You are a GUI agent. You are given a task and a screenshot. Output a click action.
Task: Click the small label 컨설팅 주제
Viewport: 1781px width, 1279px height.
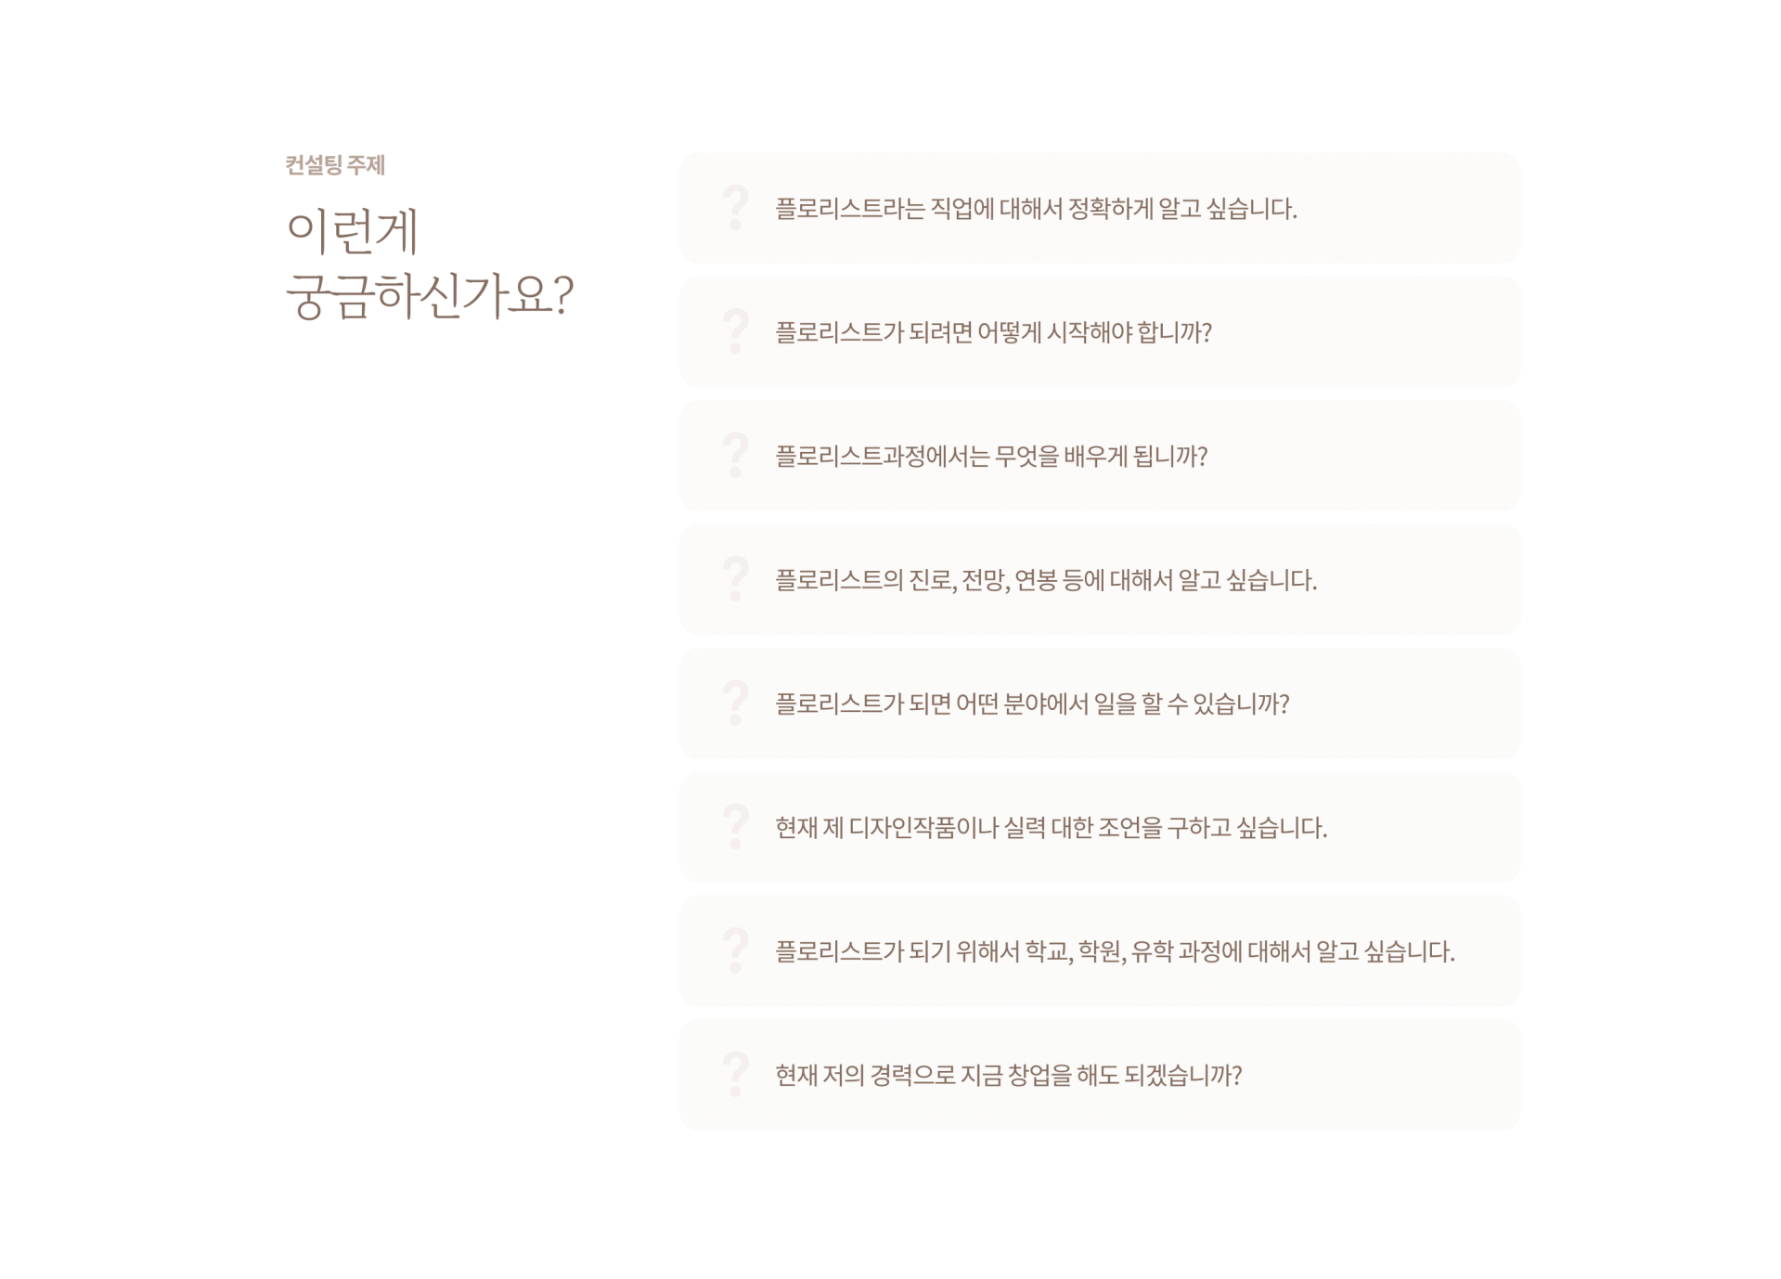click(335, 166)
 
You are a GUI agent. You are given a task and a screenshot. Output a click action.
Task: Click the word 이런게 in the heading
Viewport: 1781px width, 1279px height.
click(353, 232)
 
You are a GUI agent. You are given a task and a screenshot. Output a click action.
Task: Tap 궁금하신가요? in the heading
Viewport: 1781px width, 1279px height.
click(430, 297)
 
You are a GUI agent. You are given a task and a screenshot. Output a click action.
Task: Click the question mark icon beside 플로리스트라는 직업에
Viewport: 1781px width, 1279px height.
click(735, 208)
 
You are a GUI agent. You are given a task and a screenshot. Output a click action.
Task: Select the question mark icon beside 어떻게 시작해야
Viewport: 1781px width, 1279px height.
click(735, 331)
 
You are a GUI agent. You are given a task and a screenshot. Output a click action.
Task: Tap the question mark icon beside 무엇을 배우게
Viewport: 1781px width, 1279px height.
click(735, 456)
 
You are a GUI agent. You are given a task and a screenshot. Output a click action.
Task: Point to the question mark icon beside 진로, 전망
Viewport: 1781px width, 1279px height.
click(735, 579)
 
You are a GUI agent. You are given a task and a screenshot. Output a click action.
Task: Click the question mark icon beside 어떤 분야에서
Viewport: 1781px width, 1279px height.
click(735, 703)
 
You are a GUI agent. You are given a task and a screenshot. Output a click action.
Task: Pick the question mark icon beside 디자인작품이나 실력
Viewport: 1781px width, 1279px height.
click(735, 827)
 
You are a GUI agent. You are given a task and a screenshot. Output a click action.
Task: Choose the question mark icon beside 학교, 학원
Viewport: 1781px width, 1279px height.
click(735, 950)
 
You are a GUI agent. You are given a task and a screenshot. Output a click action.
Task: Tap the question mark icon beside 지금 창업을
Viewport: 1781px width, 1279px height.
click(735, 1074)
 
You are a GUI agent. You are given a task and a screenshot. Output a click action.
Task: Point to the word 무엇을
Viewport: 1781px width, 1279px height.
click(1026, 457)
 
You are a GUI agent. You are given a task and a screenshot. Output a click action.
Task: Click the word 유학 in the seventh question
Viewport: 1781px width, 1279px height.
click(1152, 951)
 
